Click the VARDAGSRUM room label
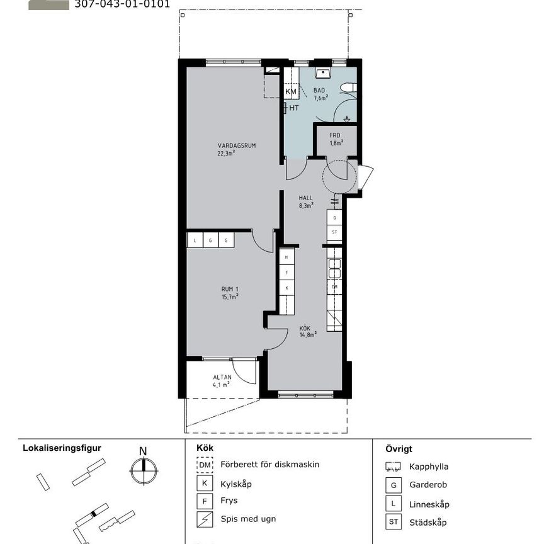click(x=227, y=149)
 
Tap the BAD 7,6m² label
click(x=321, y=94)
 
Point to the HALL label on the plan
click(x=306, y=201)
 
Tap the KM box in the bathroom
click(x=291, y=92)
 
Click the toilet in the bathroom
click(x=348, y=88)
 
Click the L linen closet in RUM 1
click(x=195, y=240)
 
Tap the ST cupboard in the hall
click(x=334, y=232)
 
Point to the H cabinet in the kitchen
click(x=287, y=258)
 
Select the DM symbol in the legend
click(x=205, y=465)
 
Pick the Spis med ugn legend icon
click(x=205, y=521)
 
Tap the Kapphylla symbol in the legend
click(x=394, y=467)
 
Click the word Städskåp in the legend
click(x=428, y=523)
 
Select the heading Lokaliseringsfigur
click(x=62, y=448)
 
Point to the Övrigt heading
click(x=399, y=449)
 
